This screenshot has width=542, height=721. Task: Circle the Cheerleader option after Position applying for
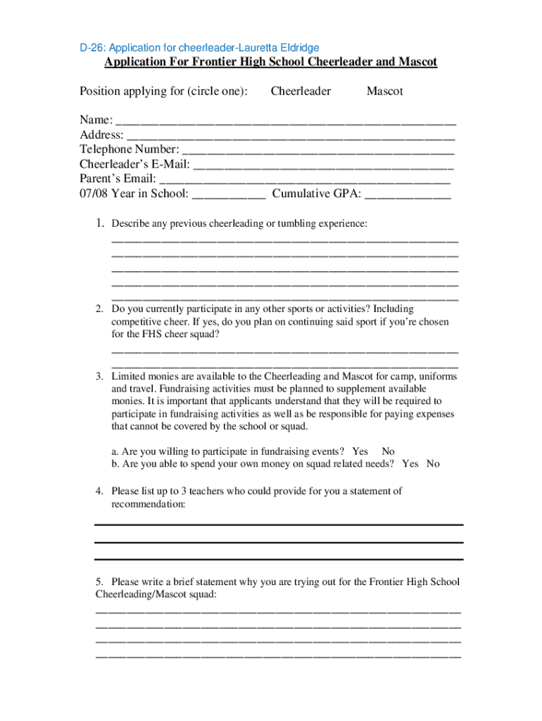(x=301, y=92)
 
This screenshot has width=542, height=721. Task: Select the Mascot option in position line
(x=384, y=92)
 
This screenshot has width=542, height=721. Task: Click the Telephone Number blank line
(x=317, y=151)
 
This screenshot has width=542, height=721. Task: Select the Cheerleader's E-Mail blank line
(x=323, y=165)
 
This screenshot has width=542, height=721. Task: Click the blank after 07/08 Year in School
(x=228, y=195)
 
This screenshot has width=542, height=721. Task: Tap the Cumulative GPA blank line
(x=408, y=195)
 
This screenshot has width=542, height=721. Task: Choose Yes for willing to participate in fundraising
(x=360, y=451)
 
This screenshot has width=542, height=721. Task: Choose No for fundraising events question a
(x=388, y=451)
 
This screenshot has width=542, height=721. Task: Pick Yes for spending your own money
(x=410, y=464)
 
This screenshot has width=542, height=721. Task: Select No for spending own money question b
(x=433, y=464)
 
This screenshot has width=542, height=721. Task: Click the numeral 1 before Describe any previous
(x=101, y=224)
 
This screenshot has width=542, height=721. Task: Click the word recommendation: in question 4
(x=149, y=505)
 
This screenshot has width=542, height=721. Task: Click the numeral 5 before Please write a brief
(x=99, y=582)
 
